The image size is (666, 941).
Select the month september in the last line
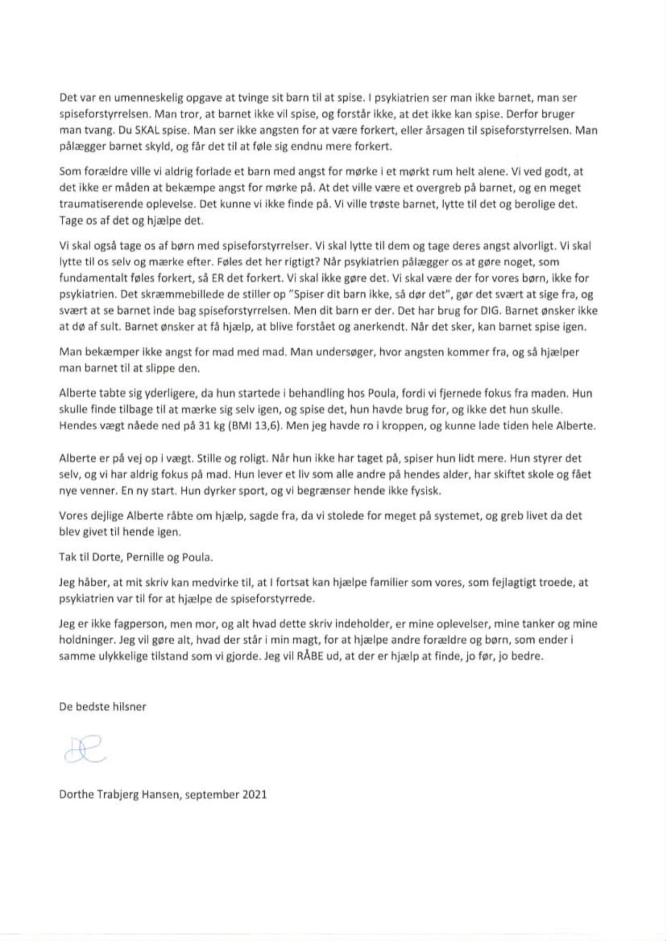[210, 795]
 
